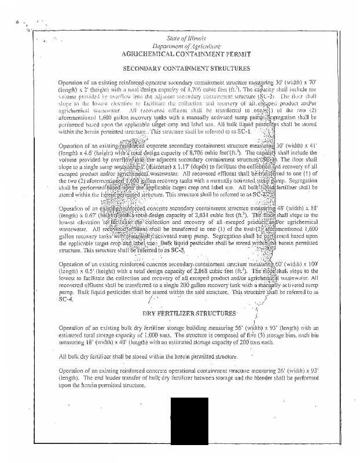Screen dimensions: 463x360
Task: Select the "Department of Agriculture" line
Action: tap(183, 45)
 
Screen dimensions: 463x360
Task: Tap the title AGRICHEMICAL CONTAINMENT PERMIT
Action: tap(183, 53)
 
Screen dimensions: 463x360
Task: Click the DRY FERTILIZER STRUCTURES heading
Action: tap(189, 313)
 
